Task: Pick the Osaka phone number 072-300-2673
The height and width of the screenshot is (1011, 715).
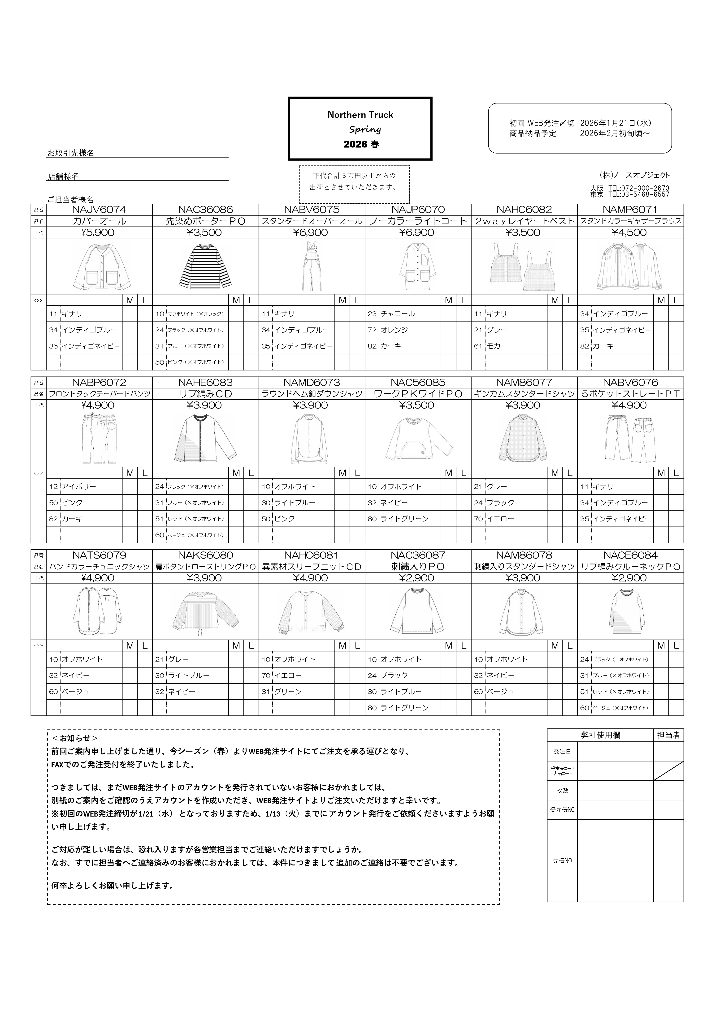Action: coord(639,188)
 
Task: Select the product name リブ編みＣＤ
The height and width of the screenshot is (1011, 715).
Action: coord(205,394)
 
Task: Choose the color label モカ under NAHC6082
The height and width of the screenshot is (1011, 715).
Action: coord(493,346)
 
